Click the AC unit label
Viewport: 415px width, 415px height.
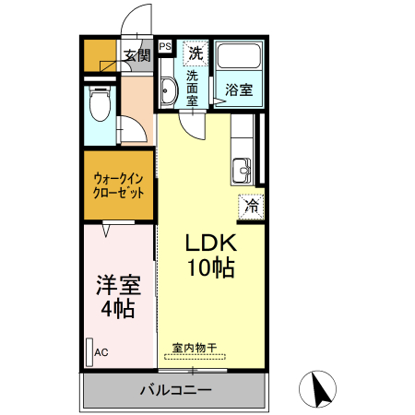tap(101, 351)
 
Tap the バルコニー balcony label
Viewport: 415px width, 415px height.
tap(175, 389)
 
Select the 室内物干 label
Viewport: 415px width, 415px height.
tap(195, 349)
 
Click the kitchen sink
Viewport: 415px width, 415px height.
tap(243, 169)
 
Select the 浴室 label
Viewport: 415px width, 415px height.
tap(240, 90)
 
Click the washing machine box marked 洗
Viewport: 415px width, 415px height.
tap(196, 53)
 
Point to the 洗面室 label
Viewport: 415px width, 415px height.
tap(193, 89)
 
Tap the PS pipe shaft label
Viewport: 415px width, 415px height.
tap(165, 45)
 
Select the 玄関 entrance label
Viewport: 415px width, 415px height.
tap(137, 55)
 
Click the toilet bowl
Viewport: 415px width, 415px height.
tap(101, 104)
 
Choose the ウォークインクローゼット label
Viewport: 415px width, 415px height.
tap(119, 186)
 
